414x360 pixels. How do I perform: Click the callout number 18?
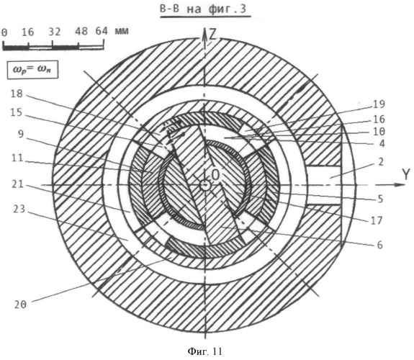click(17, 94)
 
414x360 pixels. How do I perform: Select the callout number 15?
click(17, 112)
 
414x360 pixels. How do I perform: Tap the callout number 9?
click(21, 134)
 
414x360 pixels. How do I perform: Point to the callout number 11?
click(17, 158)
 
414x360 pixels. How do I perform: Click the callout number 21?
click(18, 184)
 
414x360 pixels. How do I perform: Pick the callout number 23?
click(19, 209)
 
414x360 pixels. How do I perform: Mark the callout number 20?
click(21, 305)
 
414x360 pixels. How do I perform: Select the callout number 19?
click(379, 104)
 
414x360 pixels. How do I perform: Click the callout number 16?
click(379, 119)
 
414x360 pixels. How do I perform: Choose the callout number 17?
click(377, 220)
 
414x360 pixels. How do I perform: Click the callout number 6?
click(379, 245)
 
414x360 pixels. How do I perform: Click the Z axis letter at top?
click(212, 35)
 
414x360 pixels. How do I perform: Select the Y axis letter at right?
click(406, 174)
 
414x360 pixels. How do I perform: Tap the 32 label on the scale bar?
click(55, 32)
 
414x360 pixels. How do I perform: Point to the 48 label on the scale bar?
click(81, 32)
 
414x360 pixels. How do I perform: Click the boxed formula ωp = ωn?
click(32, 70)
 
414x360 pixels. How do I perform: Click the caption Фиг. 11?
click(205, 351)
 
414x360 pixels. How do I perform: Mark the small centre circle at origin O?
click(204, 185)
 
